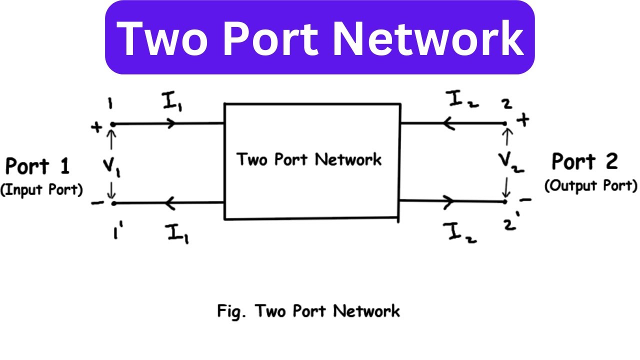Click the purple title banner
pyautogui.click(x=320, y=37)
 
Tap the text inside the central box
pyautogui.click(x=309, y=160)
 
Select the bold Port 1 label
pyautogui.click(x=37, y=166)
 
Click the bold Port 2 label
pyautogui.click(x=584, y=162)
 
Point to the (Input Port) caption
pyautogui.click(x=41, y=190)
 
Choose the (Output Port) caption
pyautogui.click(x=591, y=185)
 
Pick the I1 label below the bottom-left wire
pyautogui.click(x=177, y=233)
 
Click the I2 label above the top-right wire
pyautogui.click(x=463, y=100)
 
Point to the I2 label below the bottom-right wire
pyautogui.click(x=459, y=232)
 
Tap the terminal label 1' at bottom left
pyautogui.click(x=118, y=232)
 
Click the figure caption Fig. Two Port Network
pyautogui.click(x=308, y=311)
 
